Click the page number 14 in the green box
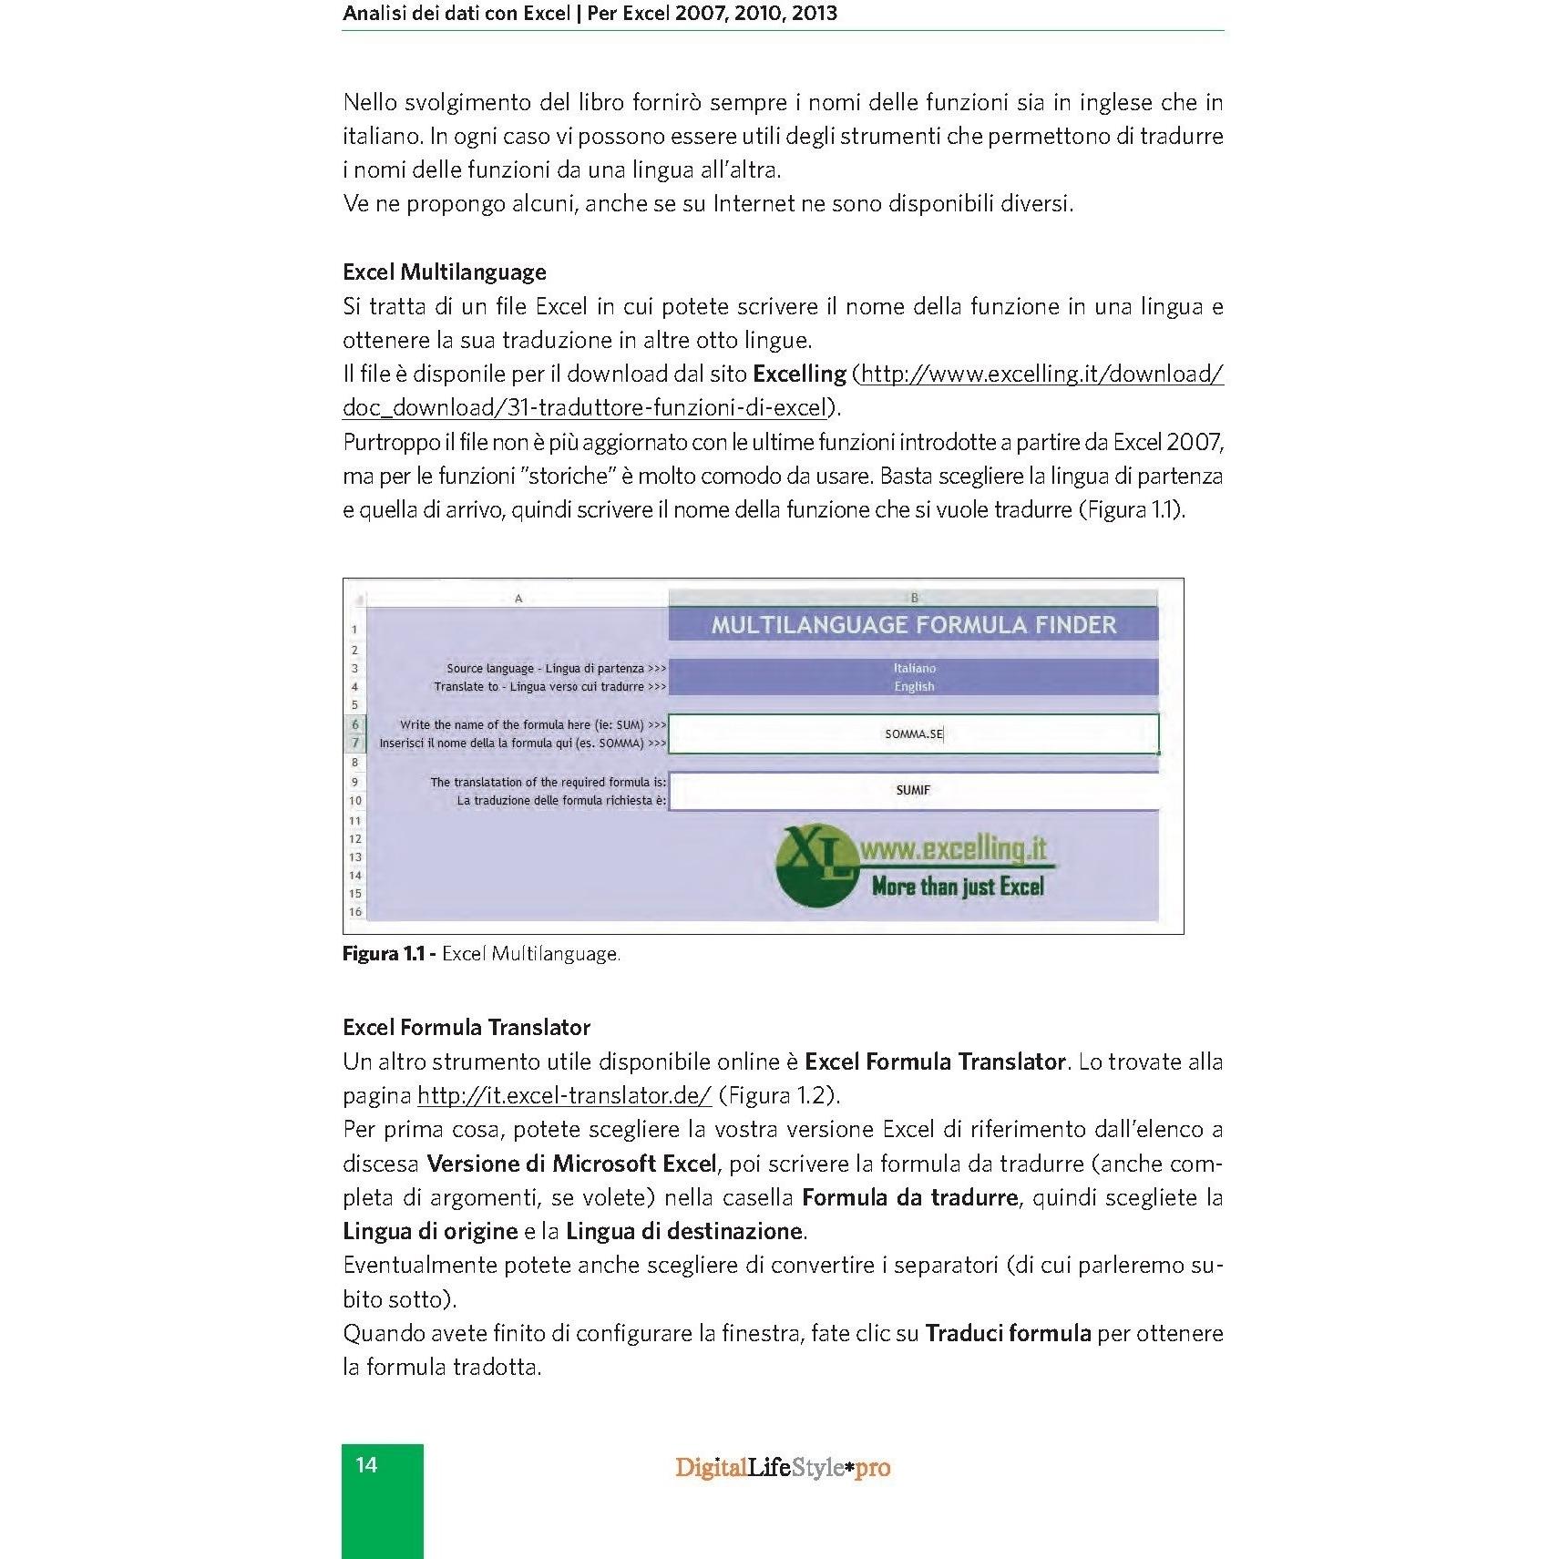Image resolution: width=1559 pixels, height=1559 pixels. tap(366, 1465)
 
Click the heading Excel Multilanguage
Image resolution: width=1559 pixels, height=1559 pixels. tap(445, 272)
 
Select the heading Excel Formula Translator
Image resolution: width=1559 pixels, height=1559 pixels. tap(467, 1028)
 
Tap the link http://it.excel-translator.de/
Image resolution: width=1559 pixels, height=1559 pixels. tap(564, 1095)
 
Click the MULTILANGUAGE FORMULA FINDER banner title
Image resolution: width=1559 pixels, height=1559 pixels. tap(913, 625)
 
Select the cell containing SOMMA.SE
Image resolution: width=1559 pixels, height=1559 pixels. tap(913, 734)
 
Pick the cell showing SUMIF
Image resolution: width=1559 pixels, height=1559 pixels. tap(913, 791)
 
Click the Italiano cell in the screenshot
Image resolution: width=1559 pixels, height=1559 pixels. tap(914, 668)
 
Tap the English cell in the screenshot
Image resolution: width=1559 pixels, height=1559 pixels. tap(914, 687)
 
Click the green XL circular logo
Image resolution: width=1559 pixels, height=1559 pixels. tap(815, 866)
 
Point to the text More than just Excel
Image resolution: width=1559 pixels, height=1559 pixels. tap(958, 887)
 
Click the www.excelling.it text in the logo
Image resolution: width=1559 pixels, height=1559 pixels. tap(953, 848)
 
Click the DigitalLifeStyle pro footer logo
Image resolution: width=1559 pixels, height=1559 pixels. tap(783, 1468)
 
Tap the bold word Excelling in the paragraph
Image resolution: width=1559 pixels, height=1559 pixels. tap(799, 374)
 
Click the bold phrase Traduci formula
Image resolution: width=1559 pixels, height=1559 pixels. tap(1008, 1334)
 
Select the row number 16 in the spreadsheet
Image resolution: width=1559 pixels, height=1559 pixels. tap(354, 912)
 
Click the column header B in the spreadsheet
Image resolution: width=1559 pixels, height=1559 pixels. tap(914, 599)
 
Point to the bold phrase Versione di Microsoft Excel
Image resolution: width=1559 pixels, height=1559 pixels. tap(571, 1164)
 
